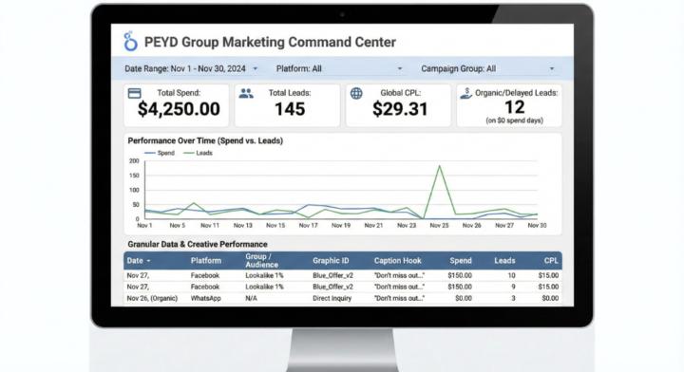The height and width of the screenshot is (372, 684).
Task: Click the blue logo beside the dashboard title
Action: (130, 42)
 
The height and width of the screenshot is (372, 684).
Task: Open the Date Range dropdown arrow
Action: (256, 69)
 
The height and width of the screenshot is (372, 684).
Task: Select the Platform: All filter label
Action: (299, 69)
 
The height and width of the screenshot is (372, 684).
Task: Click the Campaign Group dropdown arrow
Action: (552, 69)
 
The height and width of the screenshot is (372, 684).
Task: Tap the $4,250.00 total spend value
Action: (179, 109)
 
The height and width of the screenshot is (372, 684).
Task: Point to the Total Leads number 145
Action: (290, 109)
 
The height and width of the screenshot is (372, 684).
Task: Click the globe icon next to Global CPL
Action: (356, 93)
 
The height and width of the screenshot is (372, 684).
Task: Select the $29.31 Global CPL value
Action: (400, 109)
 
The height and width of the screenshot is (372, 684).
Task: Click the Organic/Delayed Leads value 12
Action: (514, 107)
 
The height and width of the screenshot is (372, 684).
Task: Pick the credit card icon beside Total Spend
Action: (134, 93)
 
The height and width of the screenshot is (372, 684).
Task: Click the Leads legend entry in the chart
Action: (198, 153)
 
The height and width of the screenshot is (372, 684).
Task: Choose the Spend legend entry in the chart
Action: (160, 153)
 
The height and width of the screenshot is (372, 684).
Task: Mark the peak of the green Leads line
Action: (439, 165)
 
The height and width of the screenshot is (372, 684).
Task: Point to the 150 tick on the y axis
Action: (134, 176)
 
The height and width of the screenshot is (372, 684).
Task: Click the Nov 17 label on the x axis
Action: (308, 225)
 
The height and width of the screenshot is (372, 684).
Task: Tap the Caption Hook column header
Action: (397, 260)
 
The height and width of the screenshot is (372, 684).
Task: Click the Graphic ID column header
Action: (331, 260)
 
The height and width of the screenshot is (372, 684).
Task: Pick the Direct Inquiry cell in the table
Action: (332, 298)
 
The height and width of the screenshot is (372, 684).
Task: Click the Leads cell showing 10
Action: (511, 275)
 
